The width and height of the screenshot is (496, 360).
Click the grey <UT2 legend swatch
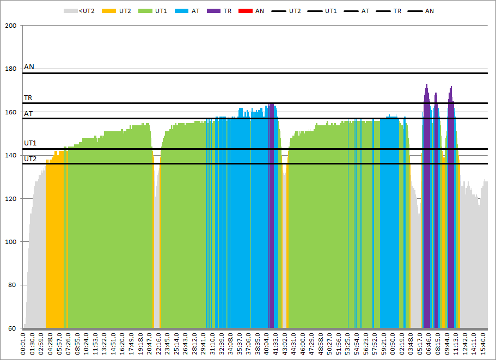tap(70, 10)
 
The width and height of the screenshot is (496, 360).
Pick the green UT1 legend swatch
tap(145, 10)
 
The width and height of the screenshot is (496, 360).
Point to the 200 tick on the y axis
tap(11, 26)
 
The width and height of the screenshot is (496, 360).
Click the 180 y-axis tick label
tap(11, 69)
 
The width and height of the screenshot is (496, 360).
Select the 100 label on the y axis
tap(11, 242)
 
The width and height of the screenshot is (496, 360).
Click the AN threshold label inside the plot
tap(29, 67)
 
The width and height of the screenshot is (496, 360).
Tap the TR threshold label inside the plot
tap(28, 98)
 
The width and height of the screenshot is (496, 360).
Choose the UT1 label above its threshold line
tap(30, 143)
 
